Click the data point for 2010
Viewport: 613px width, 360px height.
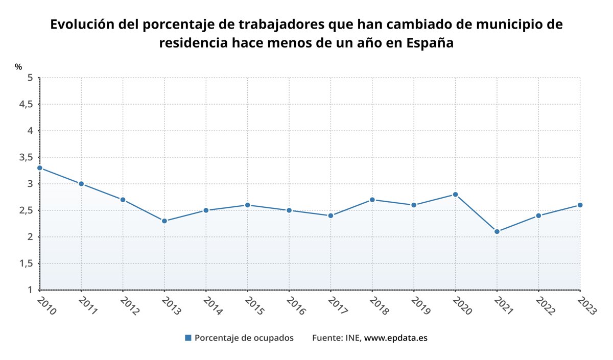(40, 168)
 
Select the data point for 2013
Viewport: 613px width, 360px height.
(164, 221)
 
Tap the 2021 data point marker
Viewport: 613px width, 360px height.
(497, 231)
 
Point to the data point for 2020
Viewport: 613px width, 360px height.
(455, 195)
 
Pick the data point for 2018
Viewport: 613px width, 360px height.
(372, 200)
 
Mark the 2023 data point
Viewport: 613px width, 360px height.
(580, 205)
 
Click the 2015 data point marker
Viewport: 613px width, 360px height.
(248, 205)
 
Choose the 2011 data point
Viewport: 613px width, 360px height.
(81, 184)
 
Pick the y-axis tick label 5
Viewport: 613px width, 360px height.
(30, 78)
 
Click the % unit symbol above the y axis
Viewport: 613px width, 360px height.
(18, 67)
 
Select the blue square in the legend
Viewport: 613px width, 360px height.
(188, 338)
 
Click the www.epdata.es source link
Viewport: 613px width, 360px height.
(395, 338)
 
